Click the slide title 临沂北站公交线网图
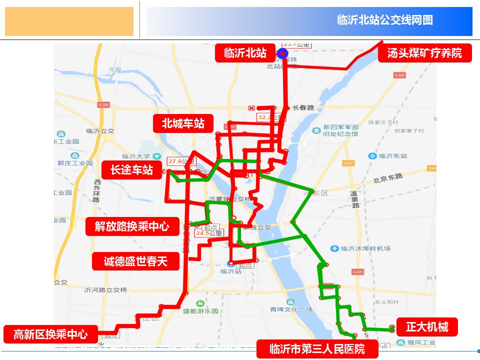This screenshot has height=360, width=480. tap(384, 20)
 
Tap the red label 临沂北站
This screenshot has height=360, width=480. tap(245, 53)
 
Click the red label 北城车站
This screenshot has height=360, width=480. tap(183, 123)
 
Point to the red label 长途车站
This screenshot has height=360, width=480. tap(132, 170)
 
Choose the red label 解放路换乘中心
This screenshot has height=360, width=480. tap(132, 226)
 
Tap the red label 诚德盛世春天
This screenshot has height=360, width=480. tap(135, 261)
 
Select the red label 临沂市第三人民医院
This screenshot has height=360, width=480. tap(317, 348)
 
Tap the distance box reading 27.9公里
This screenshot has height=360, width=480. tap(181, 161)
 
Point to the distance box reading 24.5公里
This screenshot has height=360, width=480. tap(208, 233)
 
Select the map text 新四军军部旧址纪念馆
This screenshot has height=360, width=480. tap(340, 130)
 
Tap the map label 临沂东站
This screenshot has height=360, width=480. tap(392, 156)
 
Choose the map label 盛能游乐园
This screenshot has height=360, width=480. tap(200, 310)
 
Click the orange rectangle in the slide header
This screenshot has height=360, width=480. tap(69, 21)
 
